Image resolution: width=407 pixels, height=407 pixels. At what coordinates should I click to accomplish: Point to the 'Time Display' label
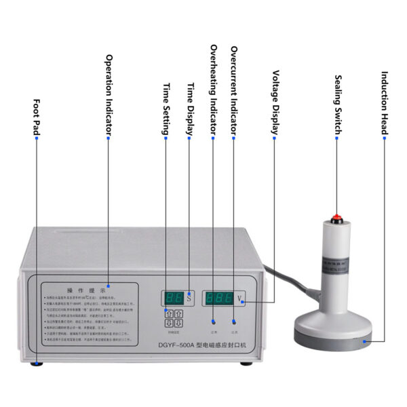(191, 109)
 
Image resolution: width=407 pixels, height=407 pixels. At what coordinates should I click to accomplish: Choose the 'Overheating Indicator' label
(213, 88)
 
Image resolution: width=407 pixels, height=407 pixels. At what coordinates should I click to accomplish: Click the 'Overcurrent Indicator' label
(233, 88)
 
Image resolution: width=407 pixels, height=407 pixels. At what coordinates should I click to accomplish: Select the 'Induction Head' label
(384, 102)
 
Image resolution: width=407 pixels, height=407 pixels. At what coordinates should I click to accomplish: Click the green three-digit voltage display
(220, 297)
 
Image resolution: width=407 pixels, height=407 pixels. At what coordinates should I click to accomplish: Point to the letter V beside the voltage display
(241, 298)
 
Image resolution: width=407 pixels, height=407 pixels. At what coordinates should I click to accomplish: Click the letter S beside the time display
(189, 297)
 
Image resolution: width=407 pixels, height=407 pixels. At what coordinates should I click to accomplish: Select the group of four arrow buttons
(174, 319)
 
